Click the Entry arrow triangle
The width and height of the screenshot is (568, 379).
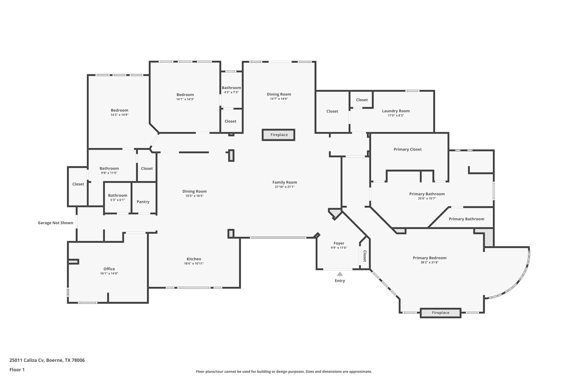(x=340, y=274)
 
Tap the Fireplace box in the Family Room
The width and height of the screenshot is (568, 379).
(x=279, y=135)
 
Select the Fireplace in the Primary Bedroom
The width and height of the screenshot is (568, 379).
(x=440, y=313)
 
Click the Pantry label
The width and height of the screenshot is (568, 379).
(x=143, y=202)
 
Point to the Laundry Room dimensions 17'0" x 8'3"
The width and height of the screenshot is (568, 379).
(x=396, y=116)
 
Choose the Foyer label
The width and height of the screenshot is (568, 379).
(x=339, y=243)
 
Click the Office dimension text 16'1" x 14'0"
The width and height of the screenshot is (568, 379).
(x=109, y=273)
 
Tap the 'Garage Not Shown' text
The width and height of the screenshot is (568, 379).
(x=55, y=223)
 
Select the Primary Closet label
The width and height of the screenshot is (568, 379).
(x=407, y=149)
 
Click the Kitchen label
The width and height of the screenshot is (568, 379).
(x=194, y=259)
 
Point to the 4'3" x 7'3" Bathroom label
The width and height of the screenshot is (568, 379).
(x=231, y=88)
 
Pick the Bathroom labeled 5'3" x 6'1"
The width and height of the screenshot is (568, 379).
(x=118, y=195)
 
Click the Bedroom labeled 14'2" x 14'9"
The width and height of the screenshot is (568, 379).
(x=120, y=110)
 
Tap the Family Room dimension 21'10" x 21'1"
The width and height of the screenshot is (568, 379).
(x=285, y=187)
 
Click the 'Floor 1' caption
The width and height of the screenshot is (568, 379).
(x=17, y=370)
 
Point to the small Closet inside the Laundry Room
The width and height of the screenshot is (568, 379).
(x=362, y=100)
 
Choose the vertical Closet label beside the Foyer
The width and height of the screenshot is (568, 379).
(x=365, y=256)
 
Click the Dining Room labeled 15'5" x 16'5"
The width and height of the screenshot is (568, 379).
(x=194, y=191)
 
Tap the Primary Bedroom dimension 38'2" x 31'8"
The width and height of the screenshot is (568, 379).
(x=429, y=262)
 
